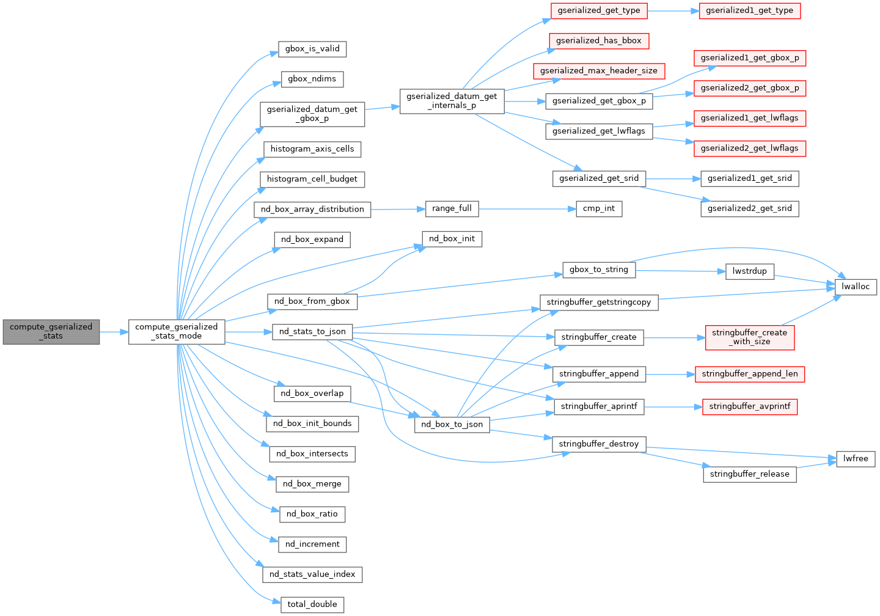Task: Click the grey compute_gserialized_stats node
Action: [x=51, y=331]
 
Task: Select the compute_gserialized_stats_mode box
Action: [x=177, y=331]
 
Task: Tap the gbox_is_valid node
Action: [x=312, y=49]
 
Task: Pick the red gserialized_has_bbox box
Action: [x=599, y=41]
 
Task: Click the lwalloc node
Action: [x=855, y=287]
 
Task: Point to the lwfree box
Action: [x=856, y=459]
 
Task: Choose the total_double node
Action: [x=312, y=604]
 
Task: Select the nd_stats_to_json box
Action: [x=312, y=332]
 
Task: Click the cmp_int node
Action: [x=599, y=209]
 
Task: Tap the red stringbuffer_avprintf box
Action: [x=749, y=406]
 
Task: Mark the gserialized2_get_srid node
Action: [x=749, y=208]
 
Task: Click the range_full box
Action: [x=452, y=208]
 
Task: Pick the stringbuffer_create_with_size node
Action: [x=749, y=337]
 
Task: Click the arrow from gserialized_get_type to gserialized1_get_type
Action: [x=673, y=11]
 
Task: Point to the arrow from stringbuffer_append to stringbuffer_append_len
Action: [x=670, y=374]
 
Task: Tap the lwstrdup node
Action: [x=750, y=271]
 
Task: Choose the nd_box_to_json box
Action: [x=452, y=425]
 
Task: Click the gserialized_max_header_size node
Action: [x=599, y=71]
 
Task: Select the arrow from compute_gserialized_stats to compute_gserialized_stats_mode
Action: [x=114, y=332]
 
